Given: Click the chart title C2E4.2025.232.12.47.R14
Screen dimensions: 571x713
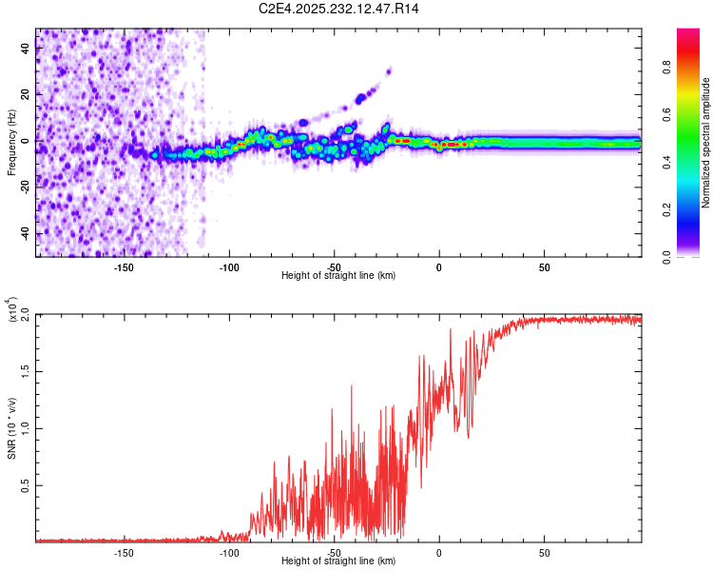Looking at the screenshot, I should point(339,9).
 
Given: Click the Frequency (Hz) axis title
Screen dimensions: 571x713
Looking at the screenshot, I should point(11,143).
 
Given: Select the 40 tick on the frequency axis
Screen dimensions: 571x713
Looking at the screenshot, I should point(26,49).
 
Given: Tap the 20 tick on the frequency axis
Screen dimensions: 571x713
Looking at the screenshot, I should point(26,95).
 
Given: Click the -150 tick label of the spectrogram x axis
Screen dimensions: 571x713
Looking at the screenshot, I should point(123,266).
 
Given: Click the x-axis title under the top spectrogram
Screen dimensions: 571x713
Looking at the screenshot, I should point(338,276).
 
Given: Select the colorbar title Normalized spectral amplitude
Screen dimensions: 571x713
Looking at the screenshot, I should point(705,143).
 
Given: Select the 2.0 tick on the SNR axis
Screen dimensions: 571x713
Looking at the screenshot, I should point(26,313).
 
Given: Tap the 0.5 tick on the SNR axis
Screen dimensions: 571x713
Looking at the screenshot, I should point(26,484).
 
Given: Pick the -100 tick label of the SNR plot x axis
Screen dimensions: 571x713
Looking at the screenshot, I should point(228,552).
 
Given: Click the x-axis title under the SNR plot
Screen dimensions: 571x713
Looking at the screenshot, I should point(338,561).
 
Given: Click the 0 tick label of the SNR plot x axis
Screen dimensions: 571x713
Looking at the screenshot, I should point(438,552).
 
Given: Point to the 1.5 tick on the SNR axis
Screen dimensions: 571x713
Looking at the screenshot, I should point(26,370).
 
